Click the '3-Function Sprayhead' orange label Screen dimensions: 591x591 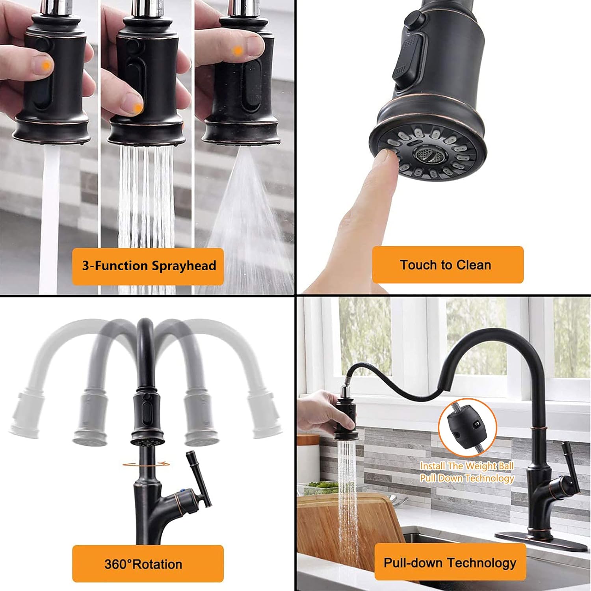tap(148, 266)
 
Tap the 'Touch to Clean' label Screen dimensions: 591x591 tap(447, 265)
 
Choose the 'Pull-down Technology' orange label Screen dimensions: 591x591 tap(450, 562)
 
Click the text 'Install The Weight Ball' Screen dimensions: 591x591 tap(466, 466)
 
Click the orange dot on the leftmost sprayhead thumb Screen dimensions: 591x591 tap(46, 66)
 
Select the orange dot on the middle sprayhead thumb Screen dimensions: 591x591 tap(137, 107)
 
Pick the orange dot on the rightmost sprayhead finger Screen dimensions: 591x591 tap(238, 50)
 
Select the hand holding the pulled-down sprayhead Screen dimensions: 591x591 tap(315, 414)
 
